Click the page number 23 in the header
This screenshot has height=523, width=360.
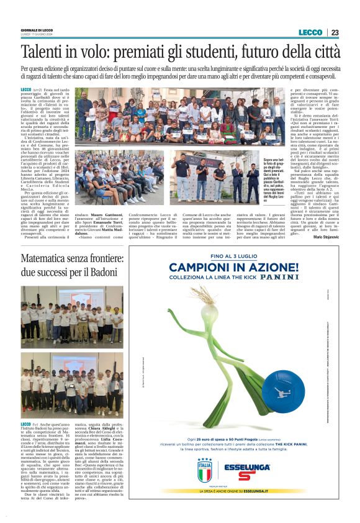click(x=335, y=32)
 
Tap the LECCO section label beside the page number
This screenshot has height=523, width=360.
click(x=310, y=32)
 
